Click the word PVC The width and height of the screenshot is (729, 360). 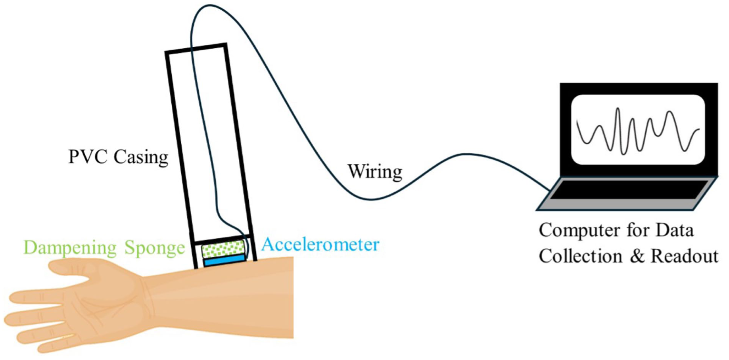[88, 157]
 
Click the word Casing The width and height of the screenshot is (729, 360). [141, 158]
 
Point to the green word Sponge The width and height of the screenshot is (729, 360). [155, 248]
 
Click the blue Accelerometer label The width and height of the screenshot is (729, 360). [320, 244]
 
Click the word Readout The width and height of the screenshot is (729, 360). [685, 256]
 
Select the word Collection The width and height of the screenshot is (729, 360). [581, 256]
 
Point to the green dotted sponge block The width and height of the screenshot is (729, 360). [223, 249]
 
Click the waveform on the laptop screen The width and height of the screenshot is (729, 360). [637, 131]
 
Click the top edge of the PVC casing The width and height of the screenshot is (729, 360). [196, 48]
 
